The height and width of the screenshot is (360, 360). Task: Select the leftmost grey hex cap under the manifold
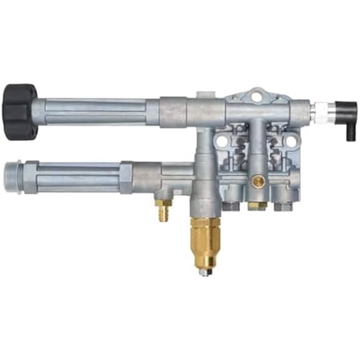pyautogui.click(x=231, y=204)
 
